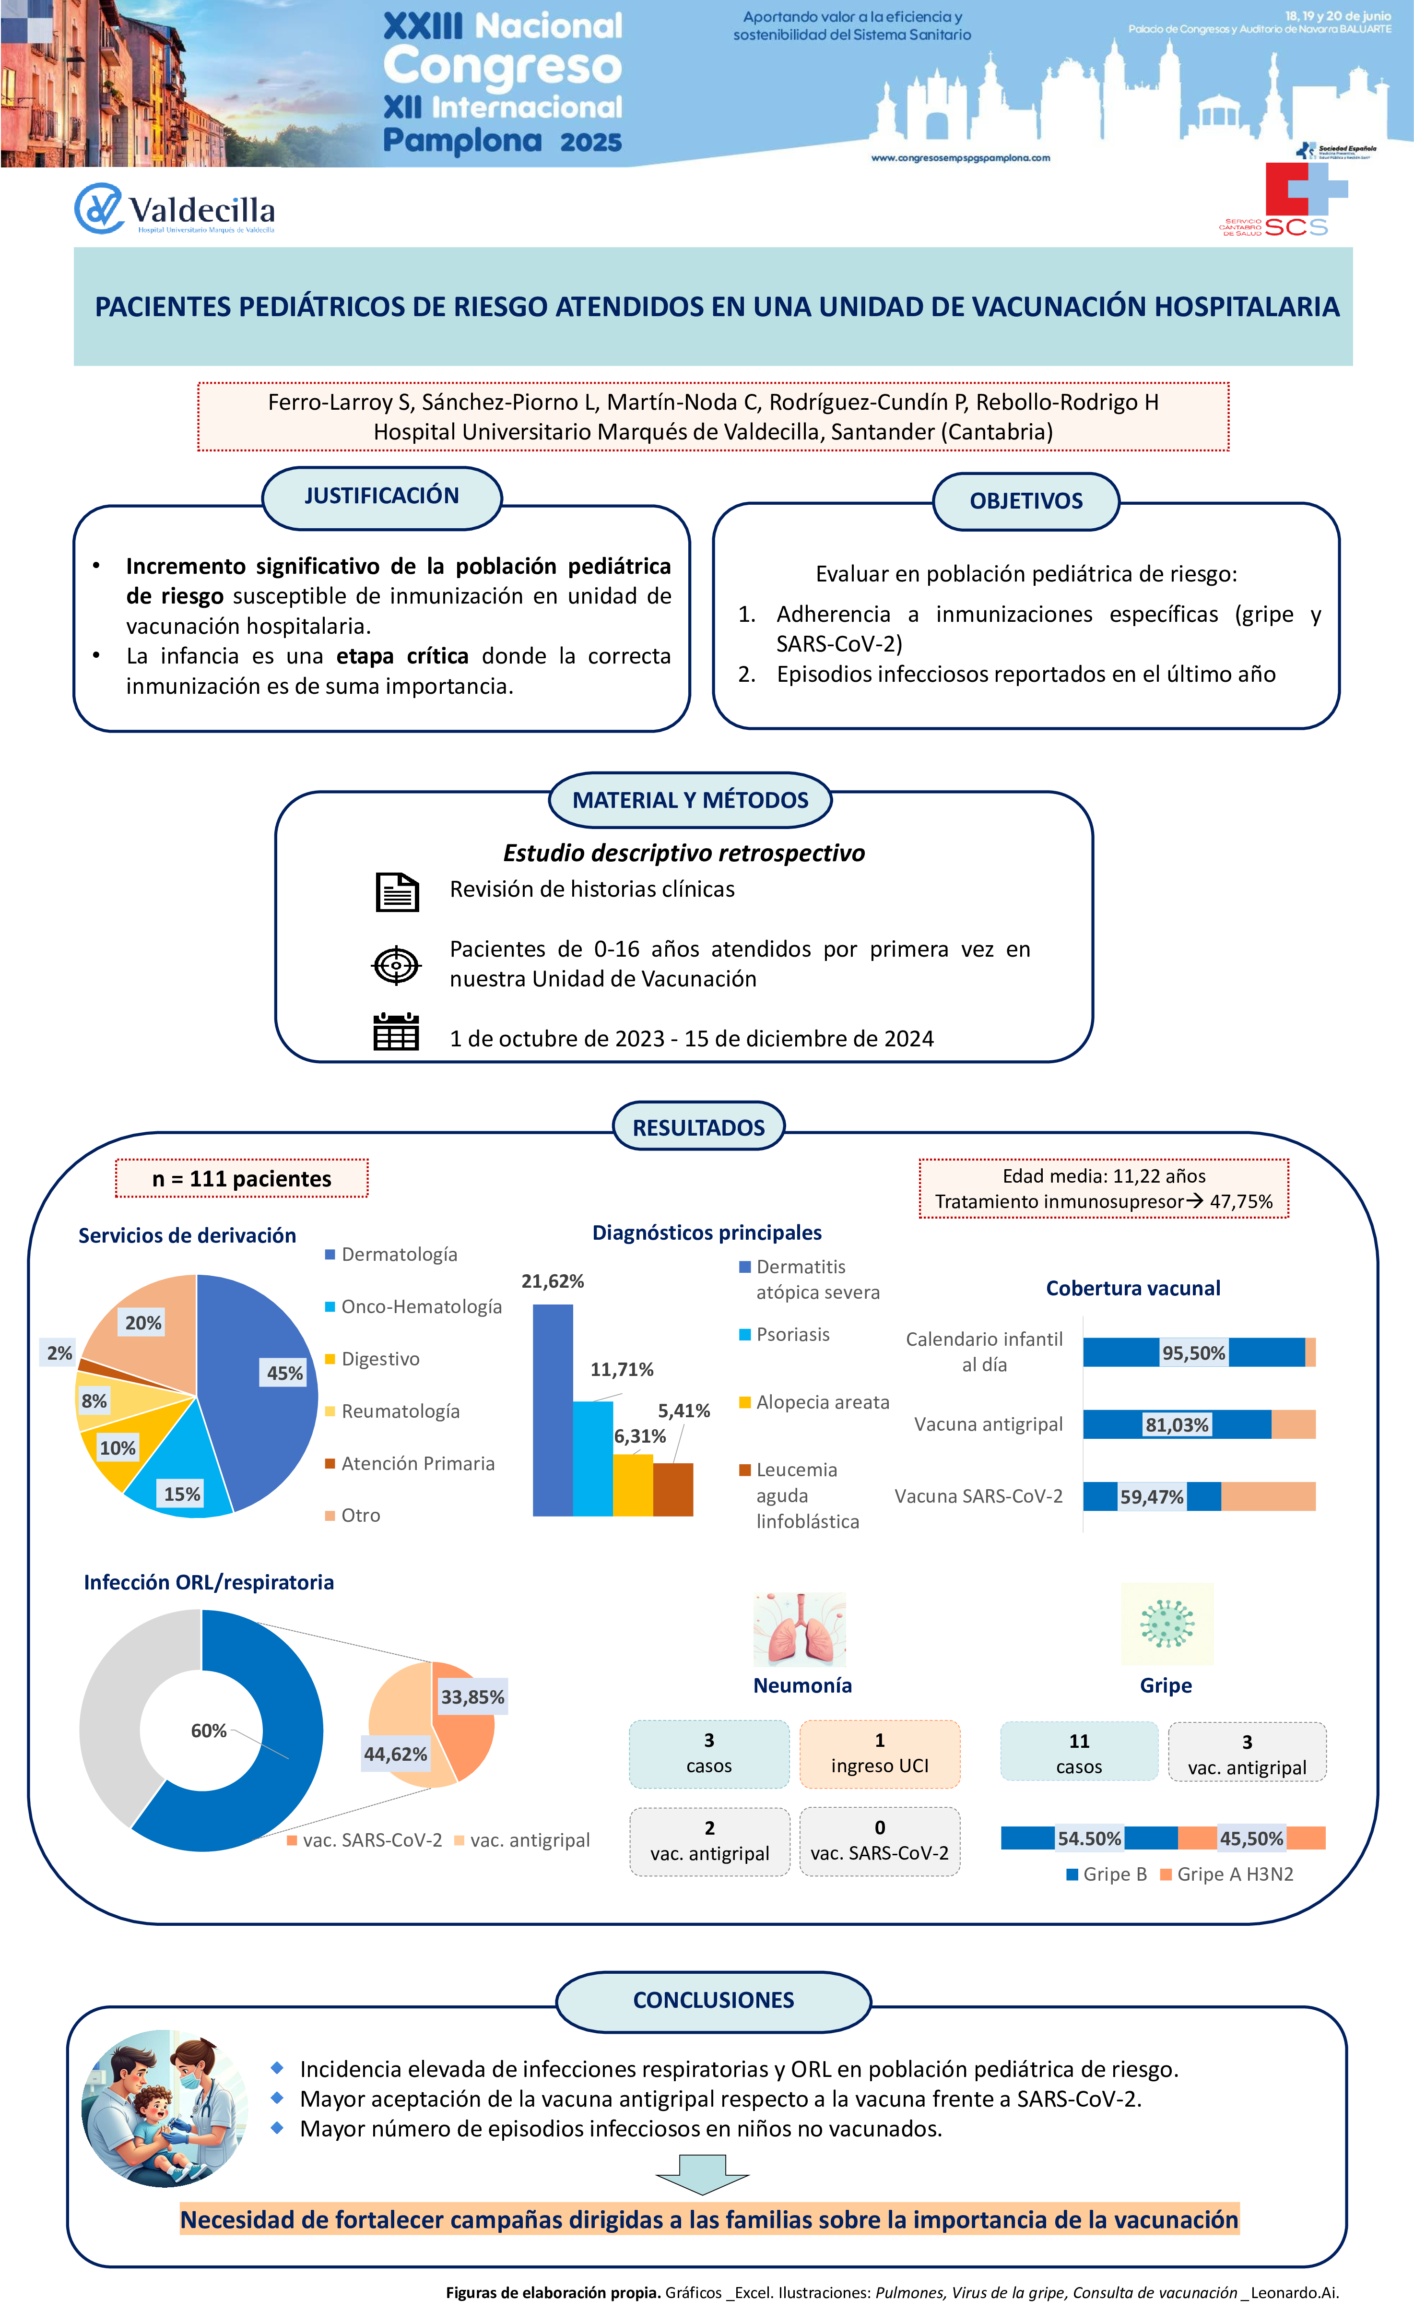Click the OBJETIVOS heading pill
pyautogui.click(x=1025, y=501)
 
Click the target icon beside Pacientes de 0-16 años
pyautogui.click(x=396, y=965)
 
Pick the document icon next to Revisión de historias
pyautogui.click(x=396, y=891)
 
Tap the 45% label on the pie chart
pyautogui.click(x=284, y=1373)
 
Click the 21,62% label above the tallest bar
pyautogui.click(x=553, y=1281)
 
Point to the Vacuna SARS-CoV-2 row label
pyautogui.click(x=978, y=1495)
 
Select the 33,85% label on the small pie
pyautogui.click(x=472, y=1696)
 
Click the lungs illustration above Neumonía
pyautogui.click(x=800, y=1630)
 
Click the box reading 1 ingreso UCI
pyautogui.click(x=879, y=1753)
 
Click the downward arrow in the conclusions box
pyautogui.click(x=702, y=2174)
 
